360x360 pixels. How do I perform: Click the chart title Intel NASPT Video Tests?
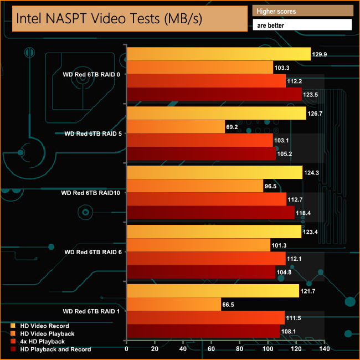109,19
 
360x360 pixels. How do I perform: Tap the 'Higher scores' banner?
302,11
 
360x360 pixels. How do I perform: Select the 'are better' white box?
302,25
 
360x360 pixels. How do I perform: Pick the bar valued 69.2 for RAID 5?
176,127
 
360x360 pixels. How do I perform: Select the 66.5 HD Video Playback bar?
174,305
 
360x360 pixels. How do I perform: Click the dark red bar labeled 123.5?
214,94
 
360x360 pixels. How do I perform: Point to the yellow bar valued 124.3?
215,173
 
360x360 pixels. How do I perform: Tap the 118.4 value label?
305,213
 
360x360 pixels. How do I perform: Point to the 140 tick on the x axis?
325,349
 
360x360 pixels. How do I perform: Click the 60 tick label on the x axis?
212,349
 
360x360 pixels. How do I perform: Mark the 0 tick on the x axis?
127,349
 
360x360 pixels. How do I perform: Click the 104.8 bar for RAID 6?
201,272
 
